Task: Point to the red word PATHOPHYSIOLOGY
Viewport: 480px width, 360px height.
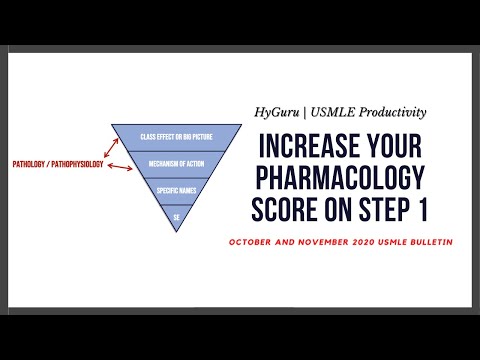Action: tap(78, 162)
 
